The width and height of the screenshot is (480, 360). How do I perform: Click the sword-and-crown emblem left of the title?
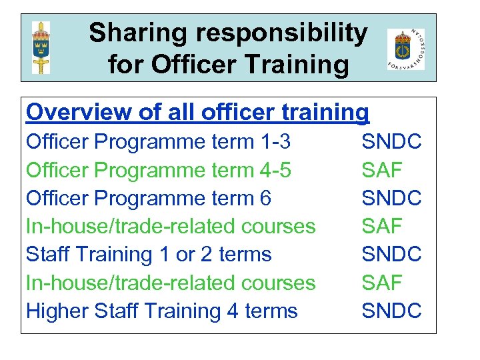41,47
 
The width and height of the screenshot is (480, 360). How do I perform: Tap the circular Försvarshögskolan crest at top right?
405,48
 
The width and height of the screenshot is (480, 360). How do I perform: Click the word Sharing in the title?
132,33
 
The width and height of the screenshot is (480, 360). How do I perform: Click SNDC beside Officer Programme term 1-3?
391,142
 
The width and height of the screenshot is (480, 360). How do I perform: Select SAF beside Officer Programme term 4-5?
382,170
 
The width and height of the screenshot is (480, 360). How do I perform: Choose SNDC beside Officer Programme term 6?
391,198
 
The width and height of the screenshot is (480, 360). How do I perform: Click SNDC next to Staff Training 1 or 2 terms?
391,254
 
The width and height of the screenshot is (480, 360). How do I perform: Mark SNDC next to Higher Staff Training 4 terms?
391,311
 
